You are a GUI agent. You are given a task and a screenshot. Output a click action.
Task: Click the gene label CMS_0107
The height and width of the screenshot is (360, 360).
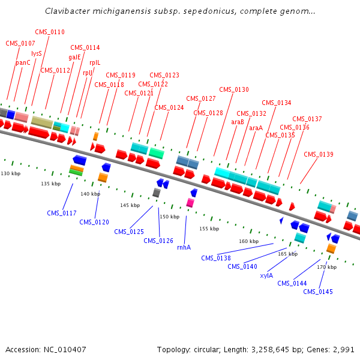point(20,43)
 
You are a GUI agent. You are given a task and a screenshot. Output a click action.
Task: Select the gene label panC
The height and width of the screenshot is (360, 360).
point(23,62)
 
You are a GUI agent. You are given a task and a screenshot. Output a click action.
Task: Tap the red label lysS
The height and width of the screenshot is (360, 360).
point(37,53)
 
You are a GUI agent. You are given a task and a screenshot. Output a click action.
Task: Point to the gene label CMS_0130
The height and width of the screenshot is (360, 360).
point(233,89)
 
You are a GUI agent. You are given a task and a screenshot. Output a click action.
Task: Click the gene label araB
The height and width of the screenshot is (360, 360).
point(238,122)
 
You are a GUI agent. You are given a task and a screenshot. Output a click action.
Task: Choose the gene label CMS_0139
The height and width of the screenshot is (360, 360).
point(319,154)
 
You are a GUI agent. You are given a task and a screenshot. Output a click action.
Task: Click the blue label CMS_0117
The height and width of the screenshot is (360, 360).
point(62,213)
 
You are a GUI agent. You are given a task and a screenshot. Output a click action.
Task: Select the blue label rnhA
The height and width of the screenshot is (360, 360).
point(184,247)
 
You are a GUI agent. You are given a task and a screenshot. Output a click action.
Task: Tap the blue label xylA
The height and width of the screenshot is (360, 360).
point(266,275)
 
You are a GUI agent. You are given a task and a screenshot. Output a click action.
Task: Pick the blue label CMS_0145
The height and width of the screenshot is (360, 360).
point(318,292)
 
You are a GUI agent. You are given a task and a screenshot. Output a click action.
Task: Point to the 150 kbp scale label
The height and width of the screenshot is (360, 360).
point(170,217)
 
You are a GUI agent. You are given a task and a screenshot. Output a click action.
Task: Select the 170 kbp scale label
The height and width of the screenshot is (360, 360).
point(326,266)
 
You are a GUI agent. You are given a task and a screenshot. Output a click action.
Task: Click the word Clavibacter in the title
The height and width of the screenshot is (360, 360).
point(67,11)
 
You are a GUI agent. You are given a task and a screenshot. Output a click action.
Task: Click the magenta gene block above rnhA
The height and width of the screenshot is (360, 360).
point(190,203)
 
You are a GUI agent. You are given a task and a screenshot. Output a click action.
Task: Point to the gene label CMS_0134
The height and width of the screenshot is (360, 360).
point(276,103)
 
